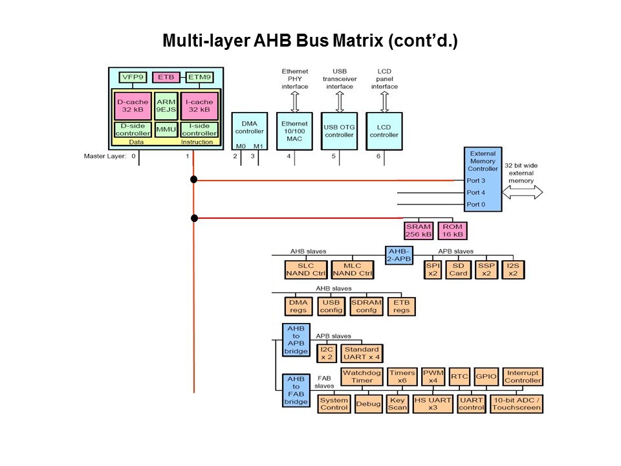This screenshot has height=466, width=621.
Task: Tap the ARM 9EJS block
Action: coord(166,105)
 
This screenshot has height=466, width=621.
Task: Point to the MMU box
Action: coord(166,129)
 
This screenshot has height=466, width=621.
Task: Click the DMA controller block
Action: coord(249,131)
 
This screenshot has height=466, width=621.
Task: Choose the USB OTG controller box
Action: coord(339,131)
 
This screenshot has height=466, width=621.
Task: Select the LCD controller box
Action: coord(384,131)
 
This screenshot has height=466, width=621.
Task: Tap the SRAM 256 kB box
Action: coord(419,230)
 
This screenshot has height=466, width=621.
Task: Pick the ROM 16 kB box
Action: coord(453,230)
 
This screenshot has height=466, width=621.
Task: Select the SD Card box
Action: coord(458,270)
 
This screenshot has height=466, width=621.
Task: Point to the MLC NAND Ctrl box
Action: coord(353,270)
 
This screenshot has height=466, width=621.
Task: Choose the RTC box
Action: coord(459,377)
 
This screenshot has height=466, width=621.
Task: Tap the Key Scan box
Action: coord(397,404)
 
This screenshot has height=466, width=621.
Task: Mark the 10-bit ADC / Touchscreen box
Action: coord(516,404)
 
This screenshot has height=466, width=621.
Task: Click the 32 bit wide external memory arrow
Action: coord(523,192)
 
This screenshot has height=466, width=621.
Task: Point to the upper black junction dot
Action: coord(193,179)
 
